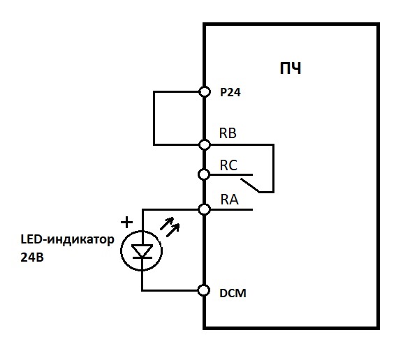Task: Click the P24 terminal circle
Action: [x=205, y=91]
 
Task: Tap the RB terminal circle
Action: [x=205, y=145]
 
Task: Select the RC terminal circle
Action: [x=204, y=174]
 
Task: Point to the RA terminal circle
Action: [x=204, y=209]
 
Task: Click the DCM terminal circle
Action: [x=204, y=290]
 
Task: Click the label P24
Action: [x=230, y=92]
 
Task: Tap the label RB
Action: [x=228, y=133]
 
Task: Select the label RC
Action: [x=228, y=165]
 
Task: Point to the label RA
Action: [x=229, y=200]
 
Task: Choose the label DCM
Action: [x=233, y=293]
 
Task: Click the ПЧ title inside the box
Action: [x=291, y=68]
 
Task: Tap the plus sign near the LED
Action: [x=126, y=223]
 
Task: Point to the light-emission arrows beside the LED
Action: [x=170, y=227]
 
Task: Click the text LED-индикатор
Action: [x=67, y=239]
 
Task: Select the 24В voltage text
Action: [x=32, y=257]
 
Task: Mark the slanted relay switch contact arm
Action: [x=250, y=186]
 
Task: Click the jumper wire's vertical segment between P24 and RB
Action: [x=154, y=118]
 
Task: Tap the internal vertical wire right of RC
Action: [x=273, y=169]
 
